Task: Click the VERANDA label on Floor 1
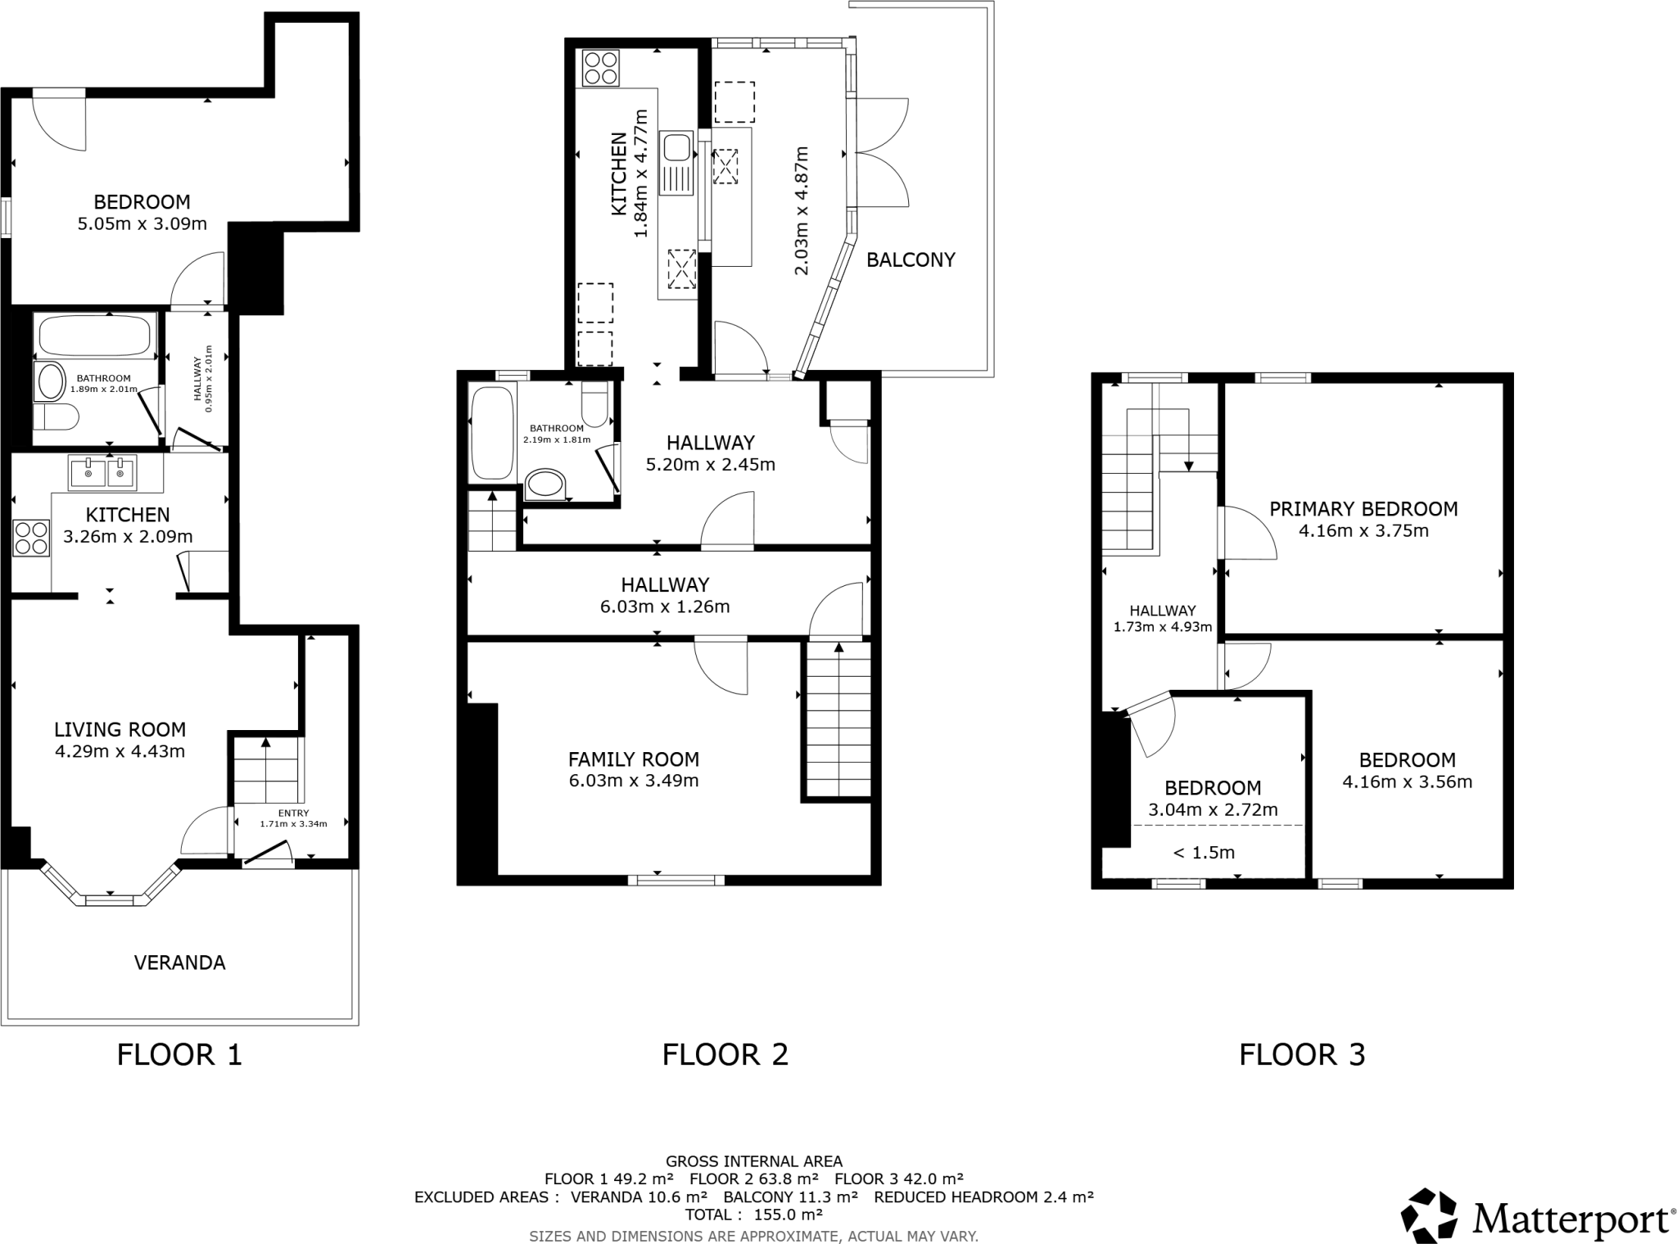[x=179, y=962]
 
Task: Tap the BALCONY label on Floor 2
[x=911, y=260]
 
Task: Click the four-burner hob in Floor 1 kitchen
[x=31, y=538]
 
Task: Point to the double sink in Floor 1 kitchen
[x=103, y=473]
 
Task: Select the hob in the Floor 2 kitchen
[x=600, y=68]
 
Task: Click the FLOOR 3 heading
[x=1302, y=1054]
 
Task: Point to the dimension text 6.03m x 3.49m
[x=634, y=781]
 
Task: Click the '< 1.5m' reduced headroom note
[x=1204, y=853]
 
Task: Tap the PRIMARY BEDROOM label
[x=1363, y=509]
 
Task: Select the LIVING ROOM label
[x=120, y=729]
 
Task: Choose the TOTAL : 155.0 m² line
[x=753, y=1215]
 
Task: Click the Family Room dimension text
[x=634, y=781]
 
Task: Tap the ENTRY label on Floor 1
[x=293, y=813]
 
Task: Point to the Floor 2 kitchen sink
[x=677, y=149]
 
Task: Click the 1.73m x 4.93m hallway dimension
[x=1163, y=628]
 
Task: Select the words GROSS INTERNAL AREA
[x=753, y=1161]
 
